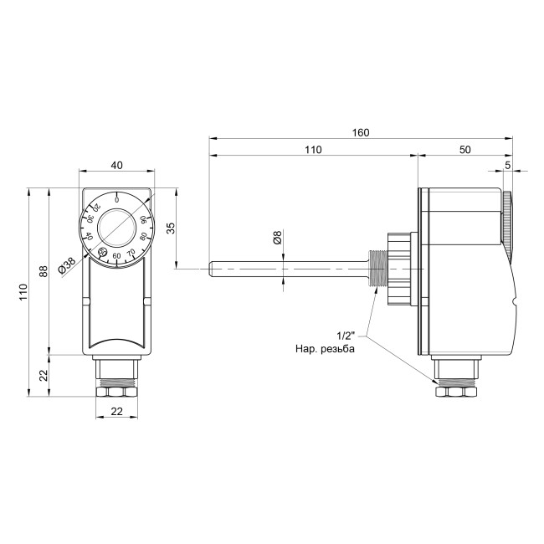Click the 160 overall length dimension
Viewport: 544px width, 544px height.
(x=362, y=132)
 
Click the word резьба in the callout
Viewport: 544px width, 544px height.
(x=339, y=347)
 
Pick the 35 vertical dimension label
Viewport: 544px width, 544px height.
(x=171, y=229)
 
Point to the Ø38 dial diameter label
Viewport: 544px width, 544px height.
(x=66, y=266)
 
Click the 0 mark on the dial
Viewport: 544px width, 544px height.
(x=116, y=200)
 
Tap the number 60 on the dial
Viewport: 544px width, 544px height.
(x=117, y=255)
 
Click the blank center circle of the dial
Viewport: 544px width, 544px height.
(x=116, y=227)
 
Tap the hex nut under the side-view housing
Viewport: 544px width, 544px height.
(x=456, y=390)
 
